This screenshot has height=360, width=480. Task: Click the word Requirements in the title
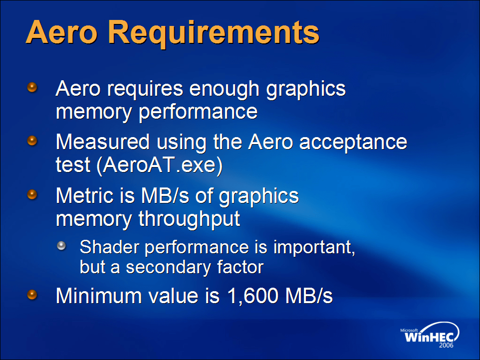pos(214,33)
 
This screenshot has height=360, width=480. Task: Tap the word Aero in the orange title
pos(61,32)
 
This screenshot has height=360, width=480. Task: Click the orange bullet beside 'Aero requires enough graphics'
pos(32,87)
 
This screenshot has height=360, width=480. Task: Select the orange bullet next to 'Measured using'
pos(32,141)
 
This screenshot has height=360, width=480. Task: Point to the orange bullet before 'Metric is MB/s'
pos(32,194)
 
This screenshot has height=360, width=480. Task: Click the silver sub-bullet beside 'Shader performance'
pos(61,246)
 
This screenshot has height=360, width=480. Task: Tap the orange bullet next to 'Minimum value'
pos(32,295)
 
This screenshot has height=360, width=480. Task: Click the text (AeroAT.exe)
pos(160,165)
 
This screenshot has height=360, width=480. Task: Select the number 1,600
pos(253,296)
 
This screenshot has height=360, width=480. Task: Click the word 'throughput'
pos(189,219)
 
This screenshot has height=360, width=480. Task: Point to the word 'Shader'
pos(109,247)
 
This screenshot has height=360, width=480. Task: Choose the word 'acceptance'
pos(353,143)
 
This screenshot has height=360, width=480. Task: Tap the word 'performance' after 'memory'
pos(198,113)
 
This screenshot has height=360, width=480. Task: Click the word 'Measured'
pos(103,142)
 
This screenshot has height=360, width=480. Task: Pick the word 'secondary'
pos(168,267)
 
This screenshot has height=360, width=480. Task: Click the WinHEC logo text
pos(429,337)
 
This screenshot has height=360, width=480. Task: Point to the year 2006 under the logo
pos(446,346)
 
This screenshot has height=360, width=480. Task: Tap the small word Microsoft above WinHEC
pos(409,330)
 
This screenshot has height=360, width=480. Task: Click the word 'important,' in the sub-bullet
pos(314,247)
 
